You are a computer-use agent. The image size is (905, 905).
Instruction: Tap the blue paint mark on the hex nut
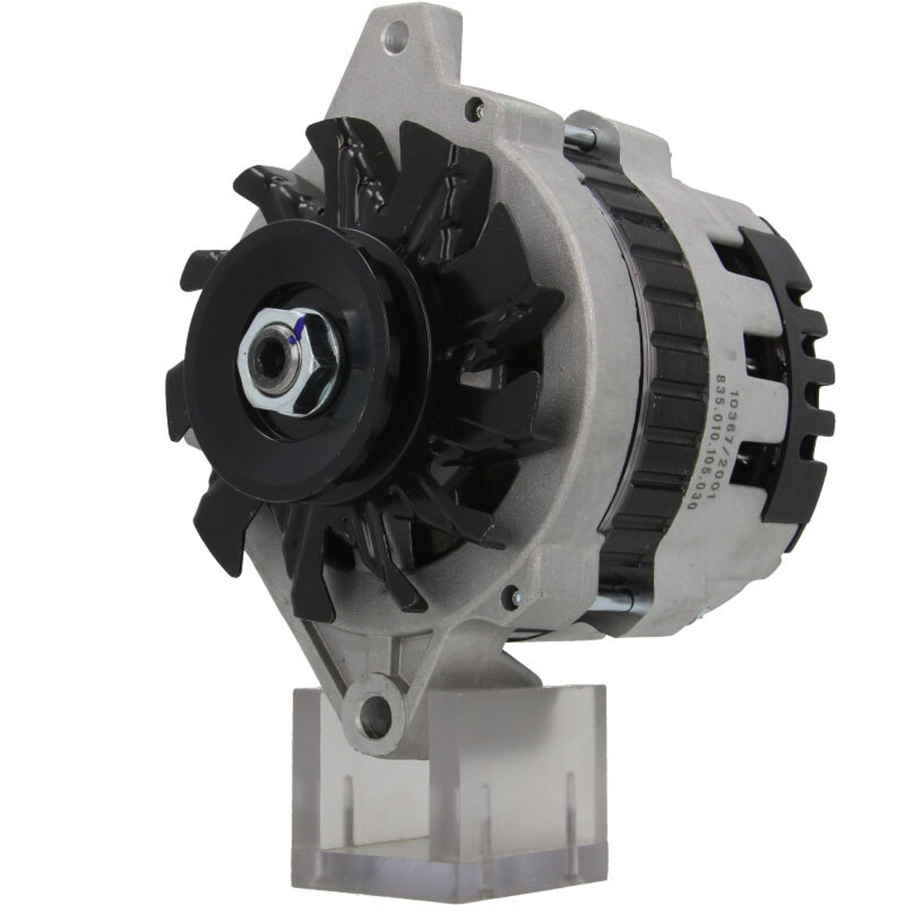pyautogui.click(x=292, y=337)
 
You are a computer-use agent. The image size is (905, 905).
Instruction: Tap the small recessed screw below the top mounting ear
pyautogui.click(x=472, y=110)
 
